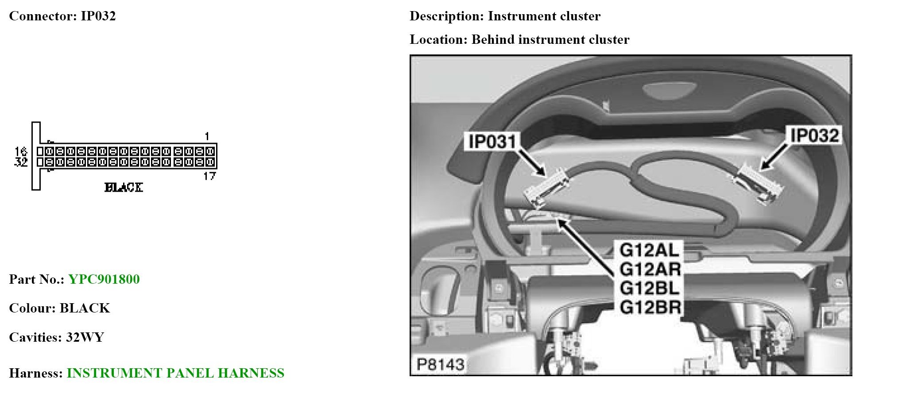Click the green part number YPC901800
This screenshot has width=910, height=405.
point(104,279)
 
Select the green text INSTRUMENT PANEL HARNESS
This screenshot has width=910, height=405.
point(175,373)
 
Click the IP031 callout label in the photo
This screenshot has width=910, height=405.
point(492,142)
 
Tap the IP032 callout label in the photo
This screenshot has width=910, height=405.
point(814,135)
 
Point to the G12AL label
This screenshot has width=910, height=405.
point(649,251)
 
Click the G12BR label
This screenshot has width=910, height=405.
point(650,307)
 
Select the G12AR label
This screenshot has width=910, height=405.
point(650,269)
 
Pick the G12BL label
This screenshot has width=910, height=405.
point(649,288)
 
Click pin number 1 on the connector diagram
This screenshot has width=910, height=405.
point(207,136)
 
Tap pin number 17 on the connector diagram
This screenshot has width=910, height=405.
point(209,176)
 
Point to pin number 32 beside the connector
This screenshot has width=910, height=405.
point(21,162)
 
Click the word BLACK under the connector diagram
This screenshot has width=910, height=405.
point(124,188)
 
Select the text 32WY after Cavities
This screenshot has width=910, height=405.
point(85,337)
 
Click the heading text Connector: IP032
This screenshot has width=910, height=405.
point(62,16)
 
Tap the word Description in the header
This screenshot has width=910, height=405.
point(446,16)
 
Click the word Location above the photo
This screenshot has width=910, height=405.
point(438,39)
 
